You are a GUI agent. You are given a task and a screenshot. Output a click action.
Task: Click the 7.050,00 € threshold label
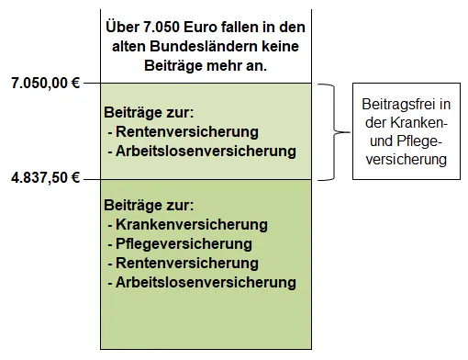[x=44, y=84]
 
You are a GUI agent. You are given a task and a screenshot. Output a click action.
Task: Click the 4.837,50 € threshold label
[x=44, y=178]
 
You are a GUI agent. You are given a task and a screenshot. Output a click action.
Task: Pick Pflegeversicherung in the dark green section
[x=184, y=244]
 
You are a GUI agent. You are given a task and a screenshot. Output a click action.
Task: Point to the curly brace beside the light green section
[x=334, y=131]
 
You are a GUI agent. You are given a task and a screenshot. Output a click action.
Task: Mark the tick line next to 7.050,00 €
[x=92, y=84]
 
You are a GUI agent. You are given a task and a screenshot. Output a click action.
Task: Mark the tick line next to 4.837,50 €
[x=92, y=178]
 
